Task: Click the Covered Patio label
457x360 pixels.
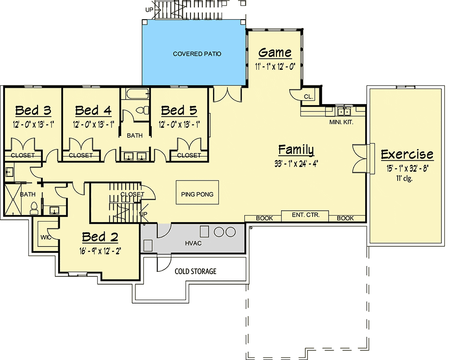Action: coord(197,54)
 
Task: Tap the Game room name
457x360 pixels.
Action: coord(275,53)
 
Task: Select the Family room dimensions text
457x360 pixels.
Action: coord(296,164)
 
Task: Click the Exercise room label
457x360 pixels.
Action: coord(407,154)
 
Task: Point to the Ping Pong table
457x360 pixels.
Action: coord(197,192)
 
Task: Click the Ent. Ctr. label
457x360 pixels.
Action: coord(305,215)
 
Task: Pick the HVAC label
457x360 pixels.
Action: coord(193,243)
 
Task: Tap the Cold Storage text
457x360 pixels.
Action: coord(195,271)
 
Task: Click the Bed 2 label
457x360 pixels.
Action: coord(100,237)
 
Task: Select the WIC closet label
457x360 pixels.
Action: coord(46,238)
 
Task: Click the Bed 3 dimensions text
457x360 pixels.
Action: coord(33,125)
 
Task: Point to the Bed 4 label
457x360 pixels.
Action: coord(93,111)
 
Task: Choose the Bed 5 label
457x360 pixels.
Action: coord(179,111)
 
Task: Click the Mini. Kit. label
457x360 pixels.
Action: coord(341,122)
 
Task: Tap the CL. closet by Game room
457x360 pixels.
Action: coord(308,97)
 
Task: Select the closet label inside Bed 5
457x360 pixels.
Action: coord(189,155)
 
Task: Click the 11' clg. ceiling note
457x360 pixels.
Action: coord(404,178)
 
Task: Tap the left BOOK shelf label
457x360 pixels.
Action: coord(264,218)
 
